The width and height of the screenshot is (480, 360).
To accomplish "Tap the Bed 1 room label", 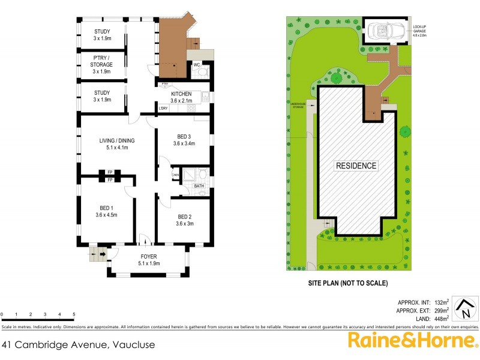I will pyautogui.click(x=106, y=211).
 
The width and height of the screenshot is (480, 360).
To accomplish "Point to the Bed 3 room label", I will pyautogui.click(x=184, y=140).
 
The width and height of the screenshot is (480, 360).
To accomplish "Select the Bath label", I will pyautogui.click(x=199, y=187).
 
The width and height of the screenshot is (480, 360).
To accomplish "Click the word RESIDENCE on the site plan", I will pyautogui.click(x=356, y=166).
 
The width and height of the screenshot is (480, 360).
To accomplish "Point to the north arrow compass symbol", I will pyautogui.click(x=464, y=309).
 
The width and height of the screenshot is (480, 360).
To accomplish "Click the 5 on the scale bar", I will pyautogui.click(x=74, y=314).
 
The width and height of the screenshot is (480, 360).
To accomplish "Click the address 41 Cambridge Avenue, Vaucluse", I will pyautogui.click(x=79, y=344).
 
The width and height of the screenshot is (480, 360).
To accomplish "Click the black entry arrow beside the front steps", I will pyautogui.click(x=103, y=254).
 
